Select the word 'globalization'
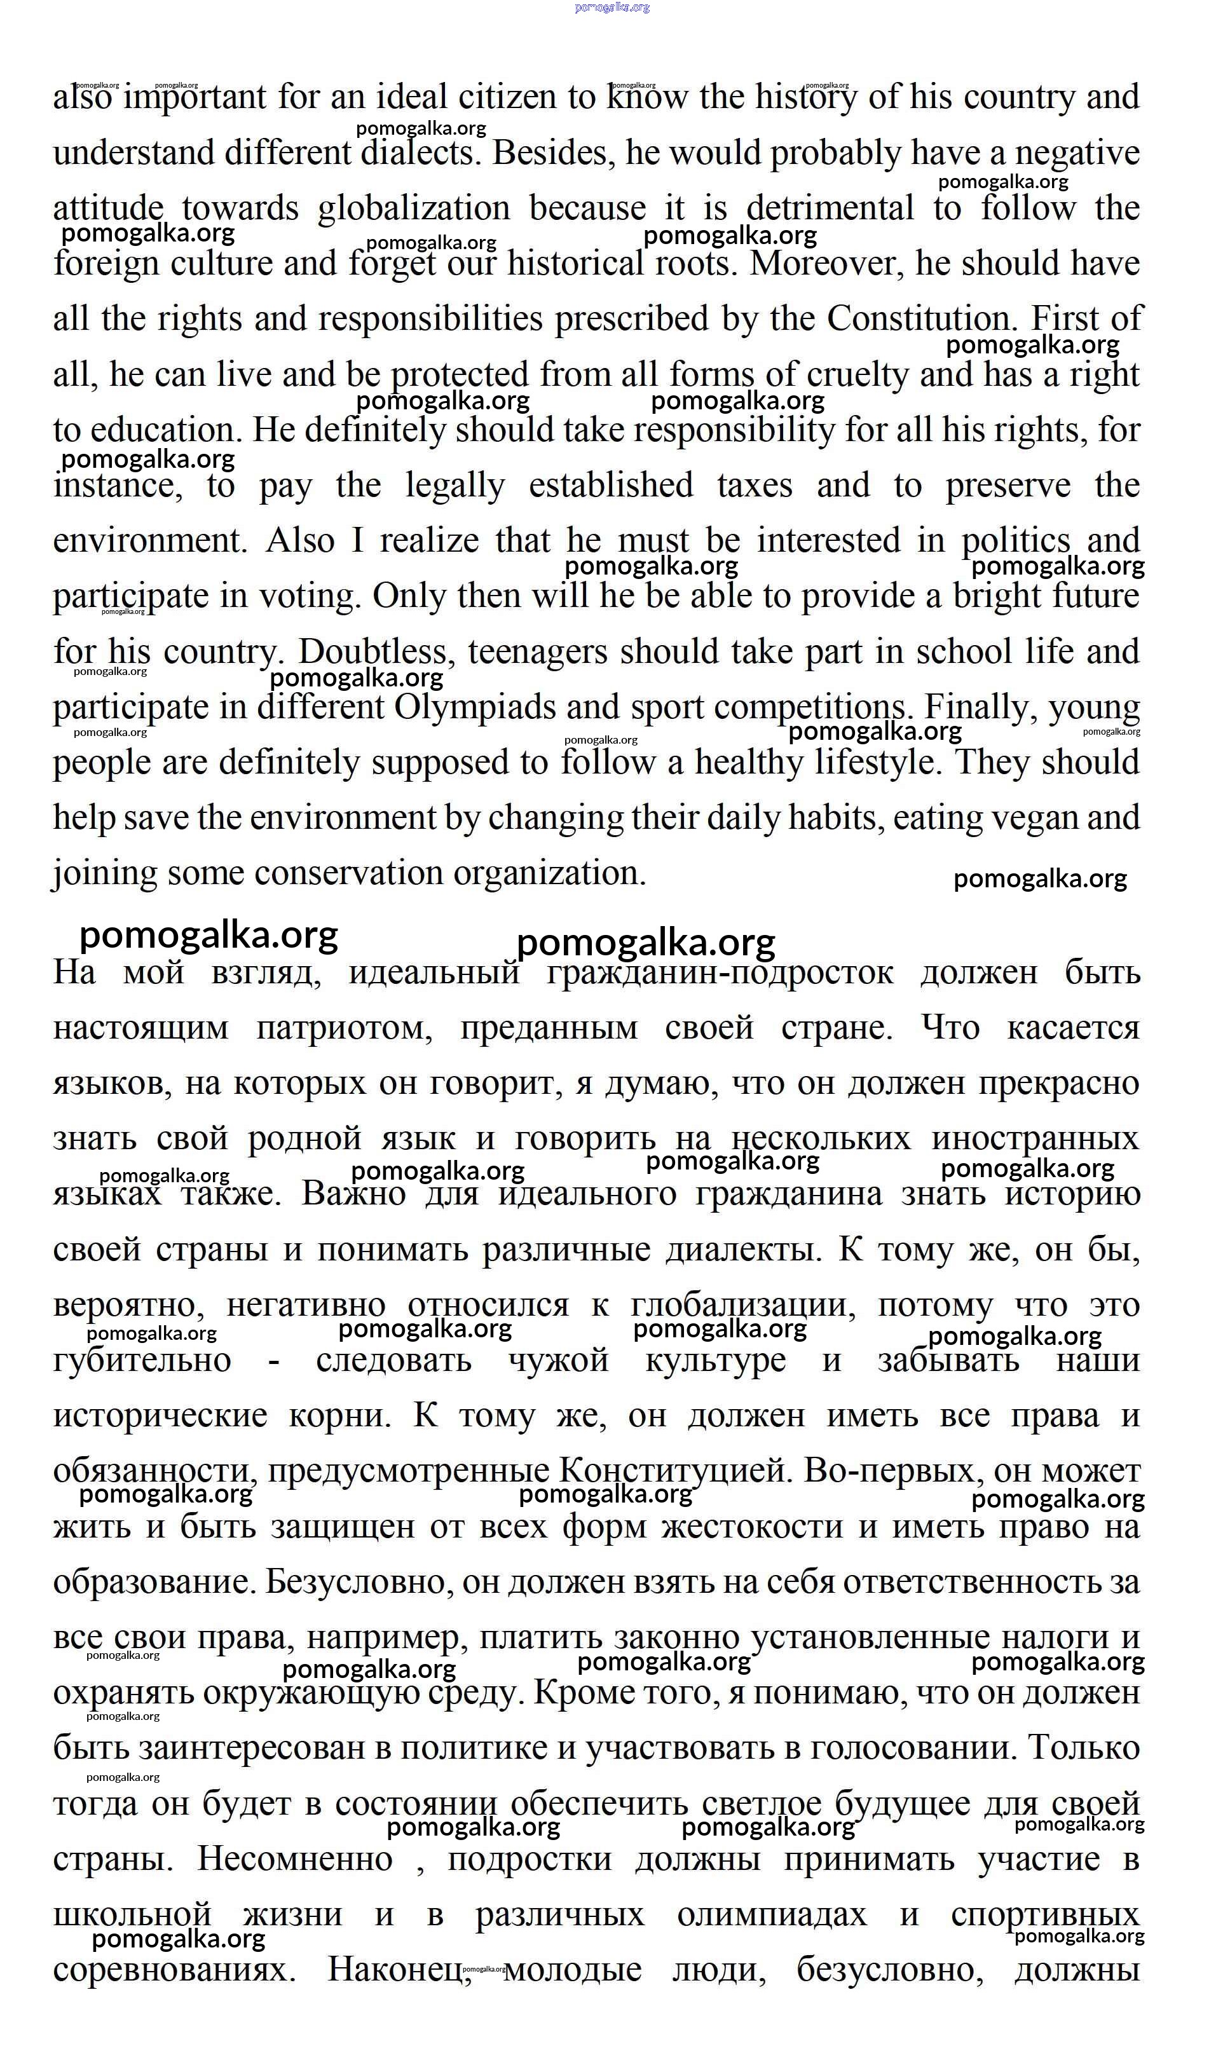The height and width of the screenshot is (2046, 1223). (414, 208)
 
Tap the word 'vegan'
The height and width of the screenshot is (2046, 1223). (1034, 818)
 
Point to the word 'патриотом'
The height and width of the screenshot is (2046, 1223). (344, 1028)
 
